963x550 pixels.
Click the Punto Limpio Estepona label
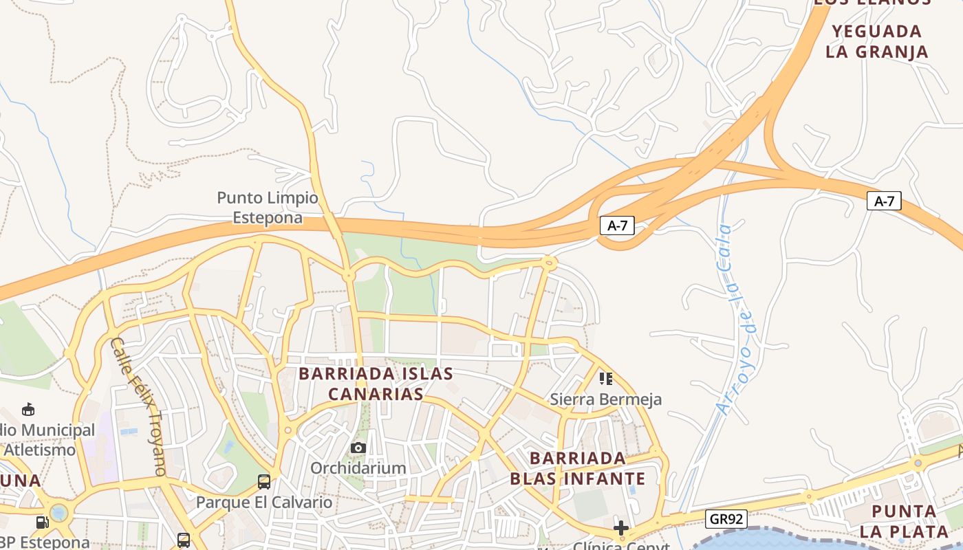(268, 208)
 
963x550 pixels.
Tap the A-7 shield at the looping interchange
(617, 225)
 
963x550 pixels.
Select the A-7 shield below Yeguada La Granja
(884, 201)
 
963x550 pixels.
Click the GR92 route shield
(726, 519)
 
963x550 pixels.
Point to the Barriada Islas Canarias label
(376, 384)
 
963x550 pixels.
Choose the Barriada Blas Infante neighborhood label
(578, 468)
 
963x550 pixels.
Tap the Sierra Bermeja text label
(606, 399)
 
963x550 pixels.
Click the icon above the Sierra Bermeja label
(606, 378)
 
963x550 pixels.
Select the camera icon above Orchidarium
(358, 448)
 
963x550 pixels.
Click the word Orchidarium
(358, 468)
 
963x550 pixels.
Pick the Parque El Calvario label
(264, 502)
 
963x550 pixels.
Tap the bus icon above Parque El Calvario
(264, 481)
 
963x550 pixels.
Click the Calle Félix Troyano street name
(138, 406)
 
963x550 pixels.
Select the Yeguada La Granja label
(877, 41)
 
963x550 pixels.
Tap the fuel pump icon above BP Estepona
(42, 522)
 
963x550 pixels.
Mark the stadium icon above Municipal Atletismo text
(28, 410)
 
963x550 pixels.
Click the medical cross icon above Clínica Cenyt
(621, 528)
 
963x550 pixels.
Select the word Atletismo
(40, 450)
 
